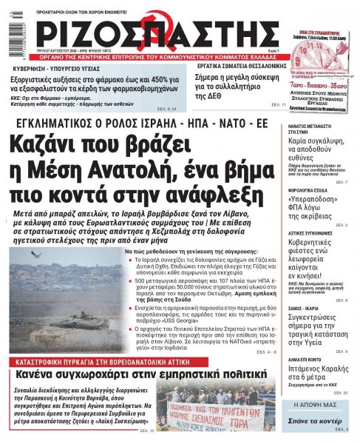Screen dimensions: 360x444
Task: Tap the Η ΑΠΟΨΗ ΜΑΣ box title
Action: click(x=316, y=406)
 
